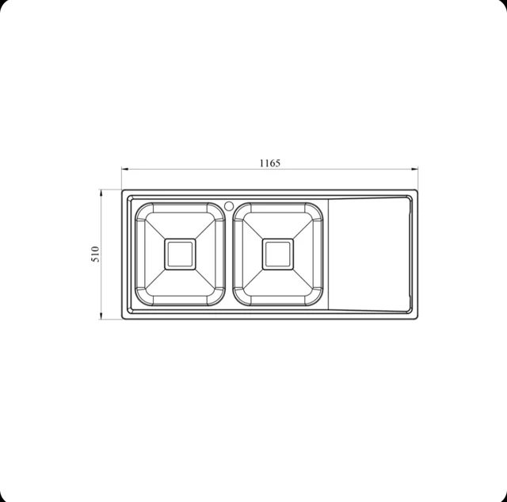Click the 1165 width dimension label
click(x=270, y=163)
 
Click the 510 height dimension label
click(x=96, y=254)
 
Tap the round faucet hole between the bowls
click(x=229, y=205)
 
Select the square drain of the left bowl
click(x=180, y=254)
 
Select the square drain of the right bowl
click(x=278, y=254)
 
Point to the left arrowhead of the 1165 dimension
click(x=125, y=169)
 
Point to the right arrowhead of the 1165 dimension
click(x=414, y=169)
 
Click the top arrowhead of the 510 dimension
click(x=101, y=194)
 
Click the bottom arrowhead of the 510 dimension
click(x=101, y=316)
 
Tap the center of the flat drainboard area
click(x=369, y=254)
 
